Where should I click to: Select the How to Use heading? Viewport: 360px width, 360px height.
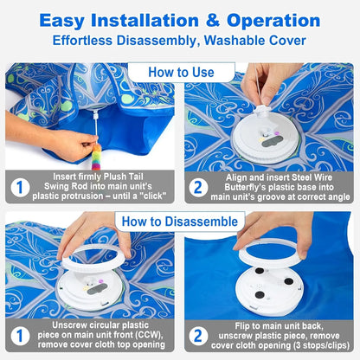point(180,73)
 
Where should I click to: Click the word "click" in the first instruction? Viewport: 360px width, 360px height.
point(146,194)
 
